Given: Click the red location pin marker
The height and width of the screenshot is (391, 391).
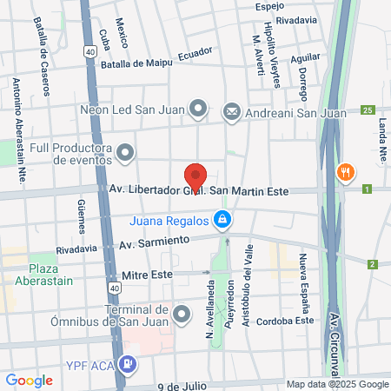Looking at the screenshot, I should click(196, 176).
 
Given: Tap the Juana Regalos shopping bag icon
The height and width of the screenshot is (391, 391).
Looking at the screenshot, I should click(223, 218).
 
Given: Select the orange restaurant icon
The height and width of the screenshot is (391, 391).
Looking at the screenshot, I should click(346, 171).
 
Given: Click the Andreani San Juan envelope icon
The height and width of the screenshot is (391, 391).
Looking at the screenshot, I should click(232, 110).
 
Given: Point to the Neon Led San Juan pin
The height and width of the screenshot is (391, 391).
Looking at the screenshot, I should click(199, 109).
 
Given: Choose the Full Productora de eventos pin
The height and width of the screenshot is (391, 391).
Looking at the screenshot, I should click(126, 154).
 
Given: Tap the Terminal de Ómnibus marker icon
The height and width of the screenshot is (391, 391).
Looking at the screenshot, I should click(181, 313).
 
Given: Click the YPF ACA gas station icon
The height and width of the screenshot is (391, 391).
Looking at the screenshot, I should click(129, 364).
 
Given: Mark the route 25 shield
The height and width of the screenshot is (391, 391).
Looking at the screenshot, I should click(368, 110).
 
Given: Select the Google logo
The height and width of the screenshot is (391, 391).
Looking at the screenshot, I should click(29, 380).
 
